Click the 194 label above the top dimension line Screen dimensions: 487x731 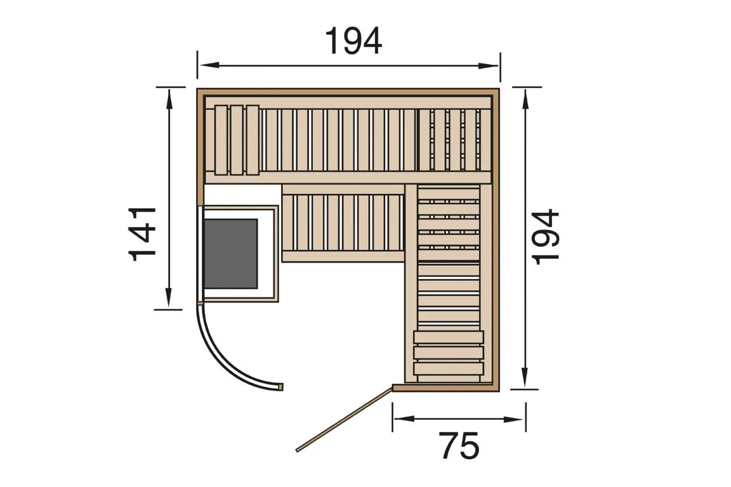tap(353, 41)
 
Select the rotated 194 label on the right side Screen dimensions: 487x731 tap(546, 236)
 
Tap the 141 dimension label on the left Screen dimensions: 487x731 tap(143, 233)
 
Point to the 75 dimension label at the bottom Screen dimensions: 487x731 tap(459, 446)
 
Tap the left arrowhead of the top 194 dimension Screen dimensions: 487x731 tap(206, 65)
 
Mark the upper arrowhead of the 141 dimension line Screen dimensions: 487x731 tap(169, 97)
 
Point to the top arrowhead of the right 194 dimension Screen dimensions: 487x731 tap(525, 97)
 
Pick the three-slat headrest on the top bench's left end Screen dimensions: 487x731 tap(237, 140)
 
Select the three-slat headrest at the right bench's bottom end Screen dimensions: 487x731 tap(448, 352)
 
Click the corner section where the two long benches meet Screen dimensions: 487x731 tap(454, 140)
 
